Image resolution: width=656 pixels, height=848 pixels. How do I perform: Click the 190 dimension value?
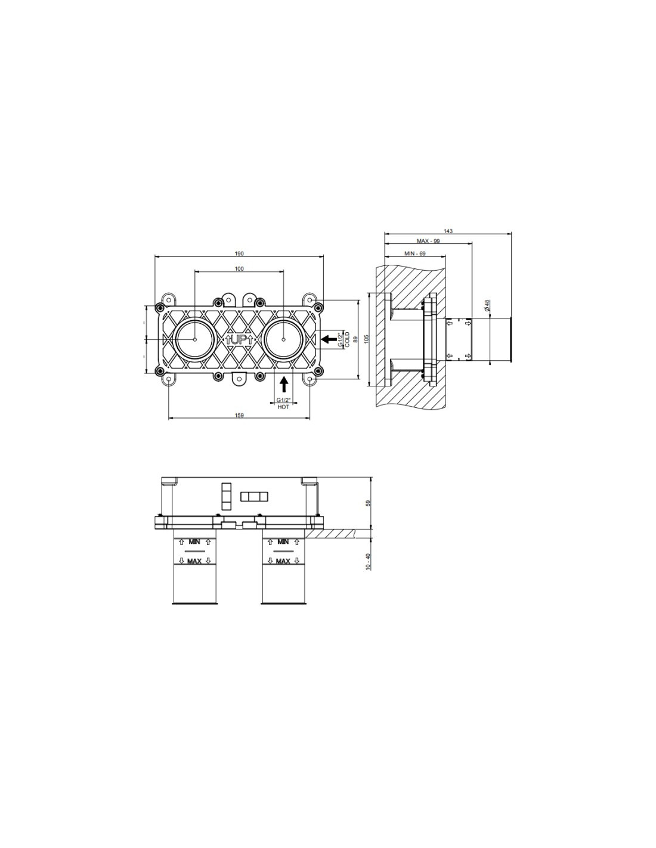click(239, 253)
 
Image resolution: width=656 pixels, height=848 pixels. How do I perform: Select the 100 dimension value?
click(239, 268)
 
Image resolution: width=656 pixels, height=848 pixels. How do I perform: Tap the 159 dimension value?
click(239, 415)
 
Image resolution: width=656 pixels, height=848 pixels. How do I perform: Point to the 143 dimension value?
click(448, 231)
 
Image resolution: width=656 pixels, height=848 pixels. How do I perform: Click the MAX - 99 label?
click(428, 241)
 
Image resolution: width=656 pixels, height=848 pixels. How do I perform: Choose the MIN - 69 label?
click(415, 253)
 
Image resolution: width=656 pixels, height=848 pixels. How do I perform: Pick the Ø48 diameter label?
click(487, 305)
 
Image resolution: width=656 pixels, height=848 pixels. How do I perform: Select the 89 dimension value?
click(355, 339)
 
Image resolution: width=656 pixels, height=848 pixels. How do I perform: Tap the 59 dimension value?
click(367, 503)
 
